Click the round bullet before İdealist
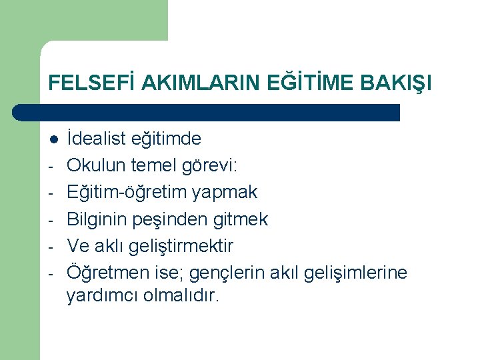pyautogui.click(x=53, y=139)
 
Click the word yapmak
pyautogui.click(x=224, y=193)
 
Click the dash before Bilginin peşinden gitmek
pyautogui.click(x=53, y=220)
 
